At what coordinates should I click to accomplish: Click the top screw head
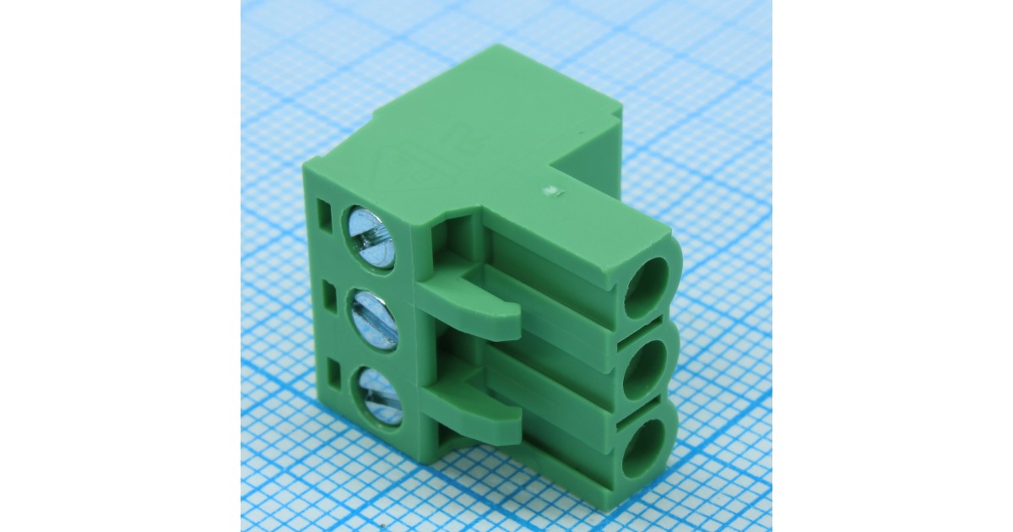[371, 238]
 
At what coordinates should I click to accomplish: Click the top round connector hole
[646, 286]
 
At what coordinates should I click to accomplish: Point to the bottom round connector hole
[643, 448]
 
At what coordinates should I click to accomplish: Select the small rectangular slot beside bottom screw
[335, 372]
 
